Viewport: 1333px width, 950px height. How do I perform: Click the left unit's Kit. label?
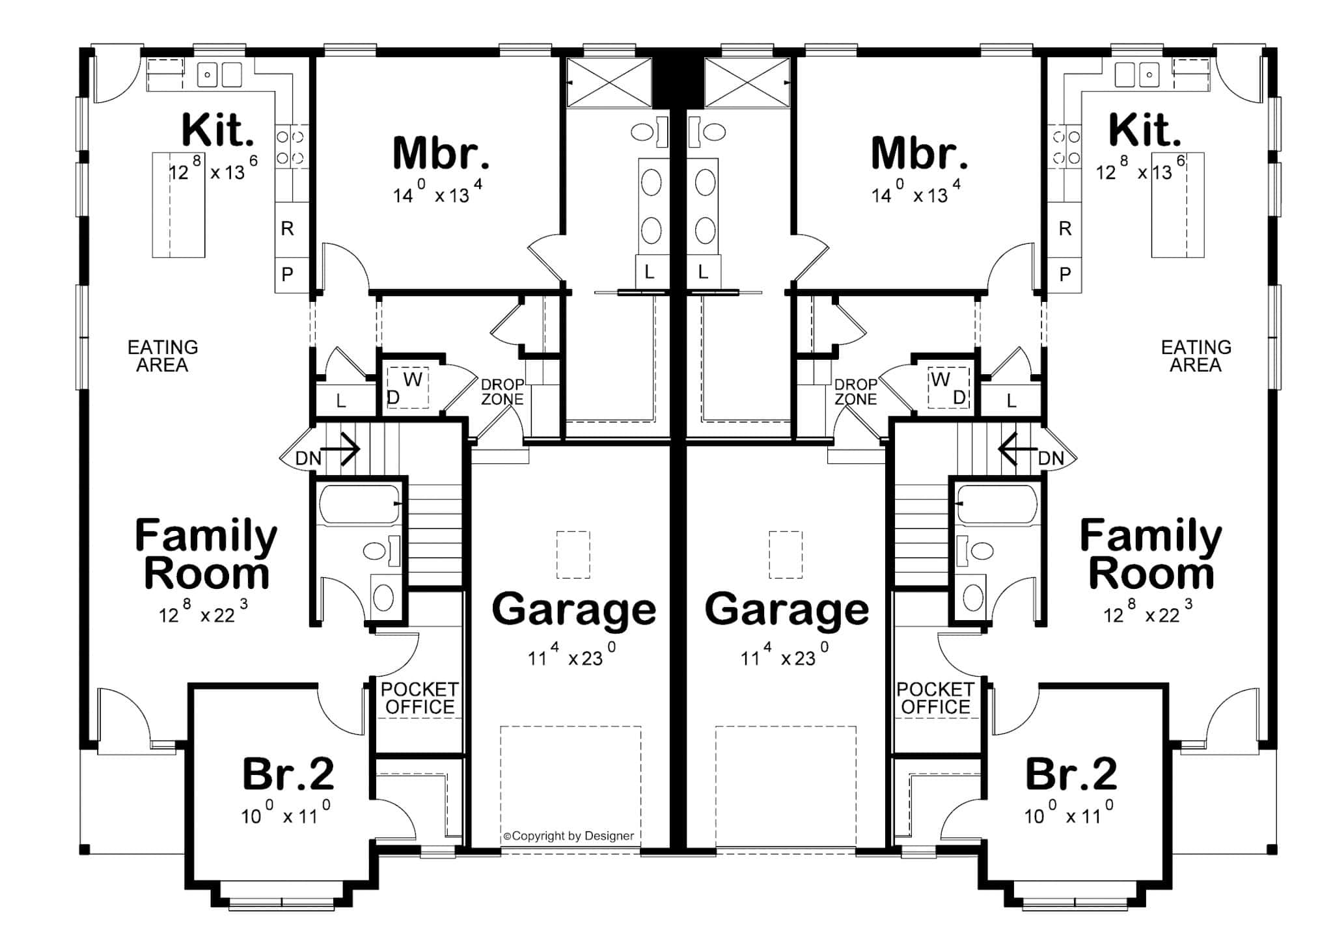click(217, 130)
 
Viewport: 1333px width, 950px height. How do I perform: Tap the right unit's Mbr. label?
click(919, 154)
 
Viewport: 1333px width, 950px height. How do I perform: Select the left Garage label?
click(573, 610)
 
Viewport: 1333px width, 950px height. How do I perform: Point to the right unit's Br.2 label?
click(1071, 774)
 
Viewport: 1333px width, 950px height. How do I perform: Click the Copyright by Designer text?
click(568, 836)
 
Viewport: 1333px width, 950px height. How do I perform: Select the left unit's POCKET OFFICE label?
click(419, 698)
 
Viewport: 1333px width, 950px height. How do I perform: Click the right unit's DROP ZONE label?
click(855, 392)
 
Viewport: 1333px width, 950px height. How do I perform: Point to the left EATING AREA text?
click(162, 356)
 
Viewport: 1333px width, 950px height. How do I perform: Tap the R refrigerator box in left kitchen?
click(288, 228)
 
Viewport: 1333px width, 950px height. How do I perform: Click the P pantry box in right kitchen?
click(1065, 275)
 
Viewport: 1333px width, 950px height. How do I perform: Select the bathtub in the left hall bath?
click(359, 504)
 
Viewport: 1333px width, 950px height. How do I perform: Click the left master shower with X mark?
click(609, 82)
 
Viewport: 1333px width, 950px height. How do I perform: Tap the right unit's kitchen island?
click(1177, 205)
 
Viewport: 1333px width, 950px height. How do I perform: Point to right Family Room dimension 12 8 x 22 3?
click(1147, 613)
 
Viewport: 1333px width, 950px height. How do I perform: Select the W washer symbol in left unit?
click(413, 379)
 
